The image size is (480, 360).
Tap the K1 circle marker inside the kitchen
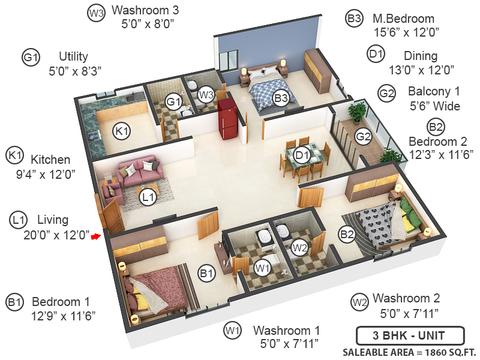[122, 131]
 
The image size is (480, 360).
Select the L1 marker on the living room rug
[147, 196]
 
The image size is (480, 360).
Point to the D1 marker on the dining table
[302, 155]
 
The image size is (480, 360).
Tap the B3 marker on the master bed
[281, 97]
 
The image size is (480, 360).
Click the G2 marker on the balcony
[364, 137]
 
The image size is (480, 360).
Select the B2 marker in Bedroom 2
[346, 235]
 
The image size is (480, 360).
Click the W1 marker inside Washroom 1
[262, 268]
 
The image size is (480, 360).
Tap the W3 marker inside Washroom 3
[206, 94]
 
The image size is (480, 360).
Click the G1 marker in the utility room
[173, 102]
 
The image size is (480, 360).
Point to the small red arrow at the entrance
[95, 237]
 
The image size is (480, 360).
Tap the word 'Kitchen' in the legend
[50, 160]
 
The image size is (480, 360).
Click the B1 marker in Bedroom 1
[206, 274]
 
